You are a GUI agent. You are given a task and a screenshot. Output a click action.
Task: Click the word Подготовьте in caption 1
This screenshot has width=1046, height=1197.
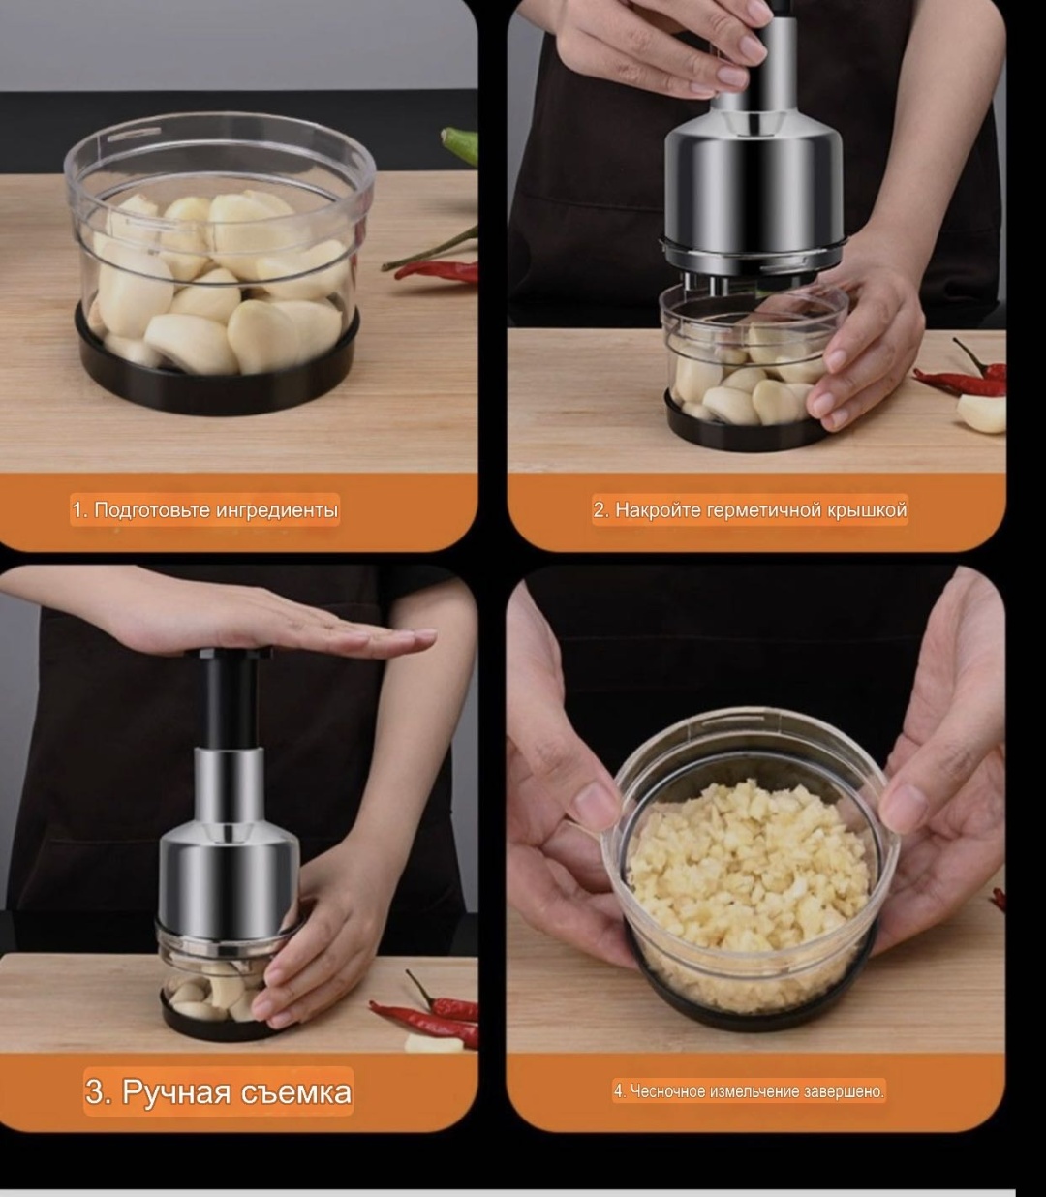[x=152, y=510]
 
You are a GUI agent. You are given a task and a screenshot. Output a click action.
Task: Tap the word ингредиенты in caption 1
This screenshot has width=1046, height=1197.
[x=277, y=510]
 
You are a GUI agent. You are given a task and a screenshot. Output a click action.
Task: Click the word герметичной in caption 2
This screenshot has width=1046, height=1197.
[x=763, y=510]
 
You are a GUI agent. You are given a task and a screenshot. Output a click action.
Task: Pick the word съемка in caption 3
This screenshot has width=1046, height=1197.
[x=295, y=1092]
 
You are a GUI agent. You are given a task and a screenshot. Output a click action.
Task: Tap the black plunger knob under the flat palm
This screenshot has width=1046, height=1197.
[x=229, y=654]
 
